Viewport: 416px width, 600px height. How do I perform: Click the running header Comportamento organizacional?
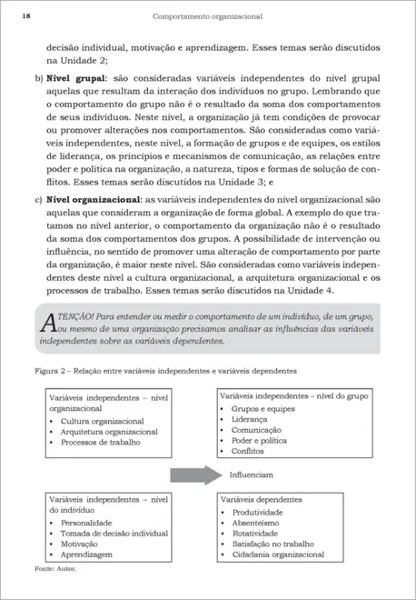coord(207,15)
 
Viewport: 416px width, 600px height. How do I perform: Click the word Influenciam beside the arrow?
coord(251,475)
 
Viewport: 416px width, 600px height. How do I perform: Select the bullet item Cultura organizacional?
coord(104,421)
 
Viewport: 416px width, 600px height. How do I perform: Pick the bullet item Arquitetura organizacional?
coord(109,432)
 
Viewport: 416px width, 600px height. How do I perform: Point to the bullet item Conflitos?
coord(247,451)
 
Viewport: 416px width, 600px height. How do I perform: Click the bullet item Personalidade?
coord(86,524)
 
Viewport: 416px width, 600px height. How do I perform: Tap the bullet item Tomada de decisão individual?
coord(114,534)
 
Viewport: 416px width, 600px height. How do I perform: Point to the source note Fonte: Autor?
coord(55,567)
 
